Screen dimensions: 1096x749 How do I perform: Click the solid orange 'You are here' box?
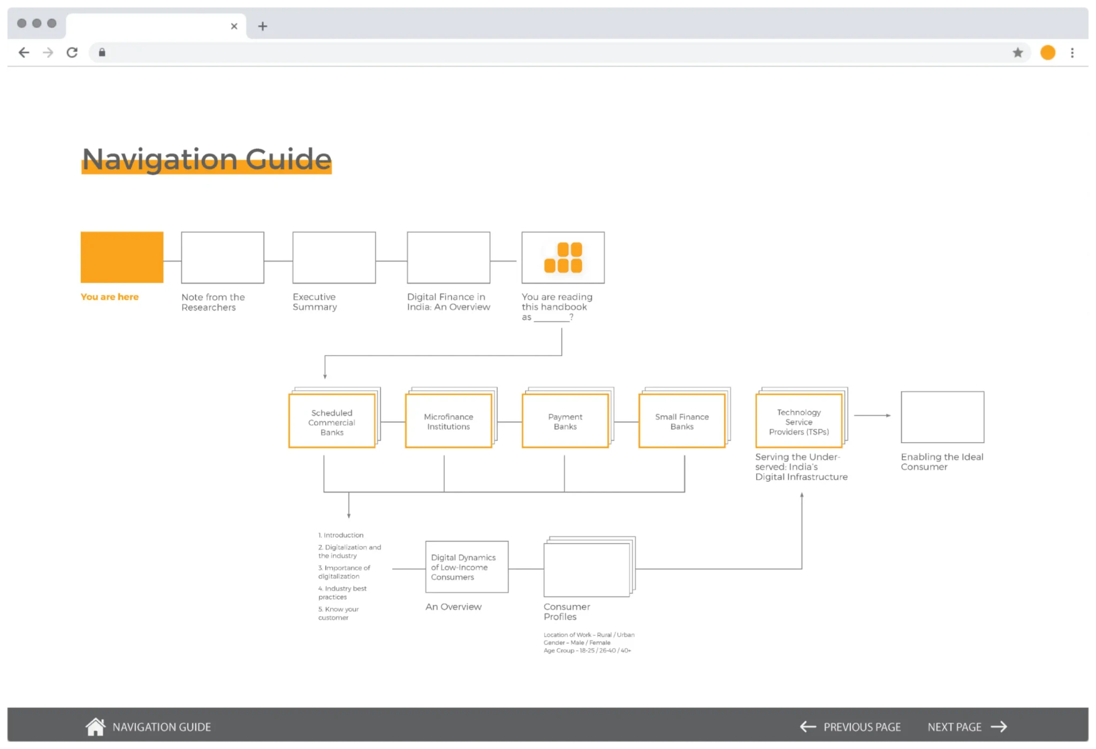click(122, 257)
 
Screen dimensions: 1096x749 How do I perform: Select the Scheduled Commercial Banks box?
click(332, 421)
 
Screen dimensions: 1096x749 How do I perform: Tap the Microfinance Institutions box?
click(448, 421)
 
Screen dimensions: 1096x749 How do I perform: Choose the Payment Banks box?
click(565, 421)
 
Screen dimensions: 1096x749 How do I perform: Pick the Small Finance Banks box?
click(682, 421)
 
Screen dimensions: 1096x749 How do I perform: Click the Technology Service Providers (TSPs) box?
click(798, 421)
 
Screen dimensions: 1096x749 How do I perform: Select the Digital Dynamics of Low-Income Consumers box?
click(467, 567)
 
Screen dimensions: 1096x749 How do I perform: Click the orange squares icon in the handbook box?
click(563, 258)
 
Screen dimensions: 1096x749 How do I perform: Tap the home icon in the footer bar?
click(95, 727)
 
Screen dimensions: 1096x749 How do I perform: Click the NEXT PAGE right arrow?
click(999, 727)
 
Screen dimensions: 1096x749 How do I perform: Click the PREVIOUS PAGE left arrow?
click(808, 727)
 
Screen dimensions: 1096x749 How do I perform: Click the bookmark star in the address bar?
click(1017, 52)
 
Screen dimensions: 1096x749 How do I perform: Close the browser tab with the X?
click(234, 26)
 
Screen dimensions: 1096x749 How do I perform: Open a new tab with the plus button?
click(262, 26)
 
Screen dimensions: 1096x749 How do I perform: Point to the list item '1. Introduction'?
click(341, 535)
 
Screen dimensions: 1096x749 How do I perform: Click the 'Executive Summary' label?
click(315, 302)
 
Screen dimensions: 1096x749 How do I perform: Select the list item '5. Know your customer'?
click(338, 613)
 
